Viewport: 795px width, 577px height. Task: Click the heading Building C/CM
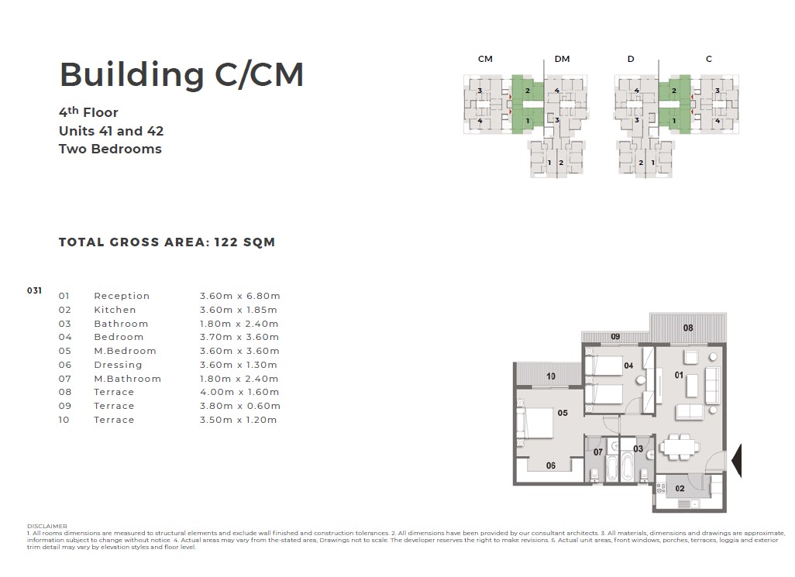click(181, 75)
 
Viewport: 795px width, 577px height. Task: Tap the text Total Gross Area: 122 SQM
click(167, 242)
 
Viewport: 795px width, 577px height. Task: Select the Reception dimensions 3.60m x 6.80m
click(240, 296)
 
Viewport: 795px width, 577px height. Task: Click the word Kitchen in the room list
click(115, 310)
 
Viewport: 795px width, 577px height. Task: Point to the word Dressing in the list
click(118, 365)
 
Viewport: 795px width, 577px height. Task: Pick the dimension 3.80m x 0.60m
click(240, 406)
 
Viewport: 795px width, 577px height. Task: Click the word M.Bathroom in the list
click(127, 379)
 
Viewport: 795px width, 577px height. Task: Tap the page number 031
click(34, 290)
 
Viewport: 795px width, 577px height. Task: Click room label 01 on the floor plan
click(679, 375)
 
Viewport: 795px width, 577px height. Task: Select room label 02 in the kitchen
click(680, 489)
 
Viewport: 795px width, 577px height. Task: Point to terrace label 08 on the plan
click(688, 328)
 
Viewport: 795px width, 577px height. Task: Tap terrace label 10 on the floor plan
click(551, 376)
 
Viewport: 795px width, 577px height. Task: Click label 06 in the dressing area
click(551, 465)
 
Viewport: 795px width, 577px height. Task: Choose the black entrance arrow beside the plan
click(737, 461)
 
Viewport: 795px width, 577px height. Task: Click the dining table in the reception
click(680, 448)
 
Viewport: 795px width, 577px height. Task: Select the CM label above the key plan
click(485, 59)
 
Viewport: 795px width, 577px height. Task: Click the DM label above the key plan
click(562, 59)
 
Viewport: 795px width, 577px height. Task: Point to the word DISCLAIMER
click(47, 527)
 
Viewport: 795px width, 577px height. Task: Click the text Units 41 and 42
click(111, 131)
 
